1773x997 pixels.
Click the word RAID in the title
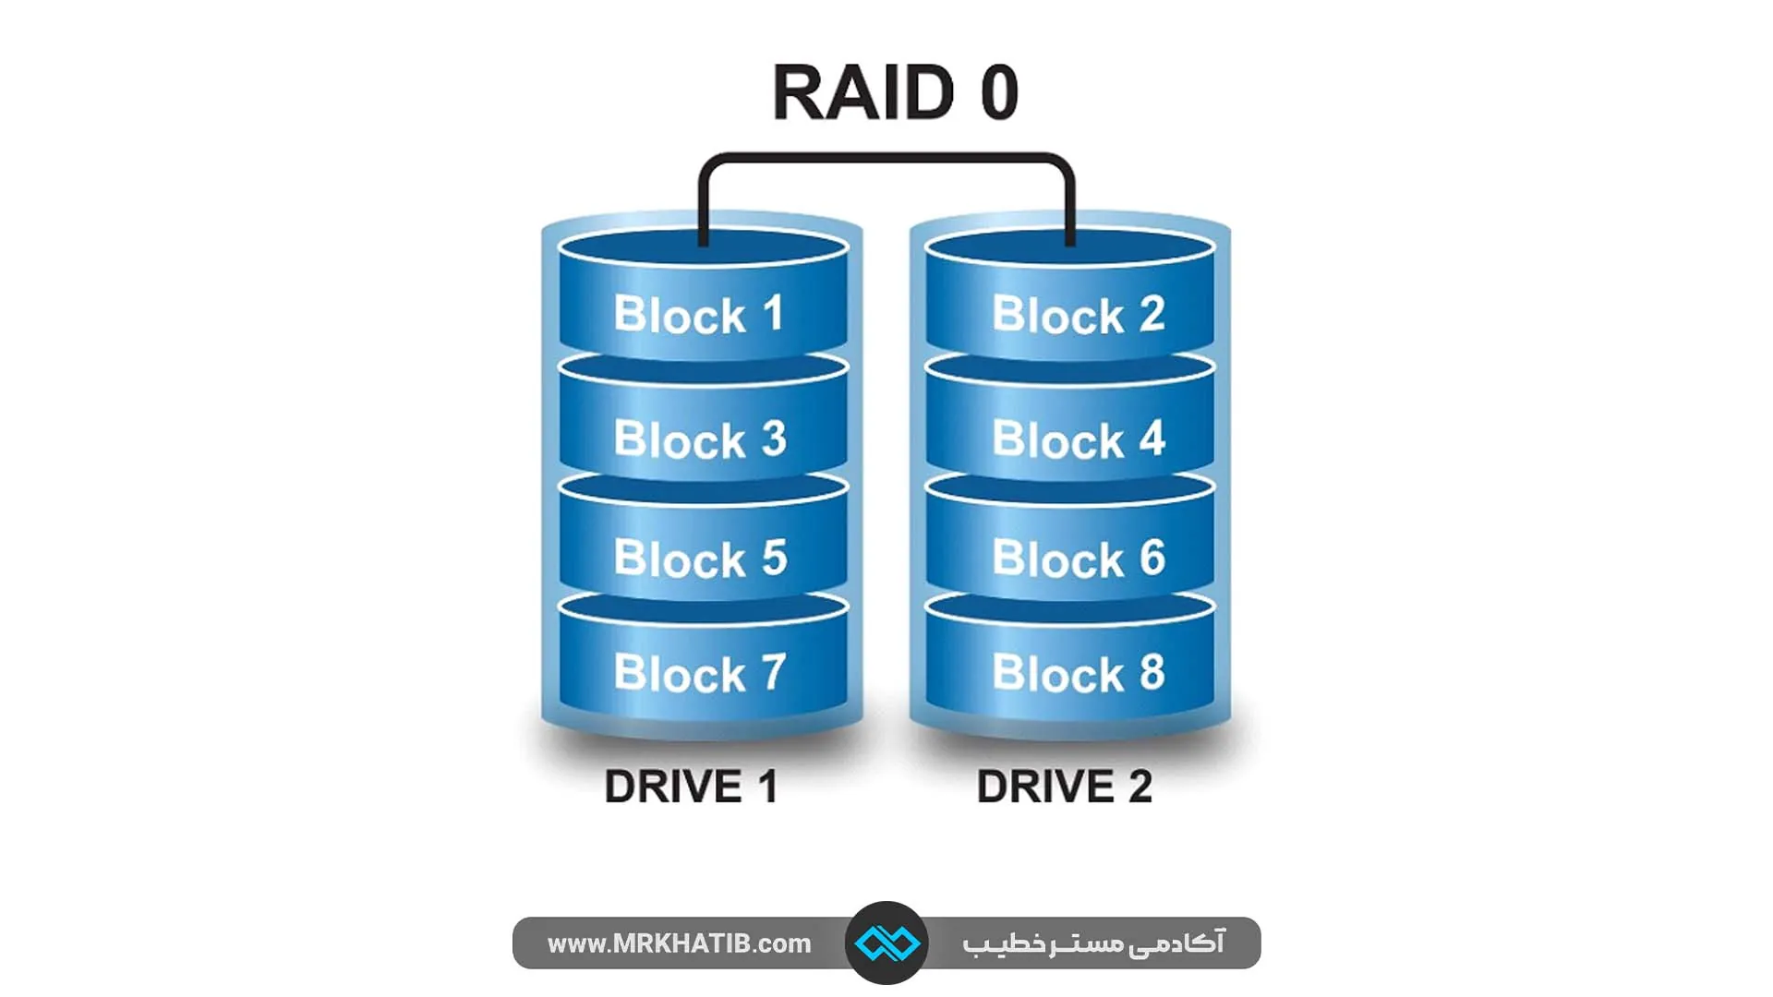(x=863, y=92)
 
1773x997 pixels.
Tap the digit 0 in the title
(x=999, y=92)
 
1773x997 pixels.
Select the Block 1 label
(x=699, y=315)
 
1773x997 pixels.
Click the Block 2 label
(x=1079, y=315)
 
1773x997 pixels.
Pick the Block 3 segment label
(x=700, y=439)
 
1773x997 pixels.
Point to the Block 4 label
(x=1079, y=439)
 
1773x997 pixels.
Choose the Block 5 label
(x=700, y=559)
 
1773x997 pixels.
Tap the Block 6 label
(x=1079, y=559)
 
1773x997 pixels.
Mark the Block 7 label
(x=700, y=674)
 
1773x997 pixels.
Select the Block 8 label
(x=1079, y=674)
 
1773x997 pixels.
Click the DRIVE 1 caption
(x=691, y=787)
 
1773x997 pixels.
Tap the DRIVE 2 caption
(x=1065, y=787)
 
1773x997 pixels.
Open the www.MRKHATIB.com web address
(x=679, y=943)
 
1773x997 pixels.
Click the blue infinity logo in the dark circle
(x=886, y=943)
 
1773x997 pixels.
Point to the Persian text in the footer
(x=1093, y=943)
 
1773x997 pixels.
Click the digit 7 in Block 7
(x=773, y=672)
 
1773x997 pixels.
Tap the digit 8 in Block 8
(x=1152, y=672)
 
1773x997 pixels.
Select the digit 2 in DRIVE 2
(x=1140, y=787)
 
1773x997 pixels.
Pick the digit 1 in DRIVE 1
(x=766, y=787)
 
